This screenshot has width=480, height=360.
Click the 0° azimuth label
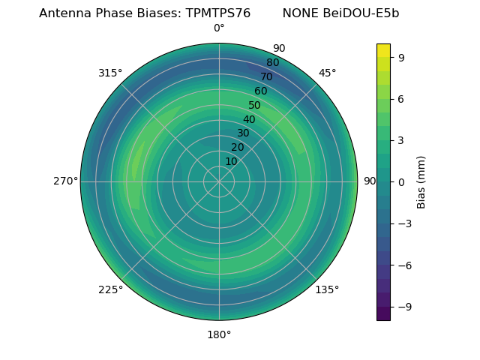[219, 28]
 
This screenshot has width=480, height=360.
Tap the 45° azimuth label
[327, 73]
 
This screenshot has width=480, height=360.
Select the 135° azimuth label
[327, 289]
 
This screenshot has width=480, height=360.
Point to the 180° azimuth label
[219, 334]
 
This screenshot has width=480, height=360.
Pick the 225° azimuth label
[110, 289]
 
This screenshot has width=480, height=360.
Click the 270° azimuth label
[65, 181]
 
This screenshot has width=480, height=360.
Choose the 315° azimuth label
[110, 73]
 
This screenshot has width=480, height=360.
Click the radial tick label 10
[232, 161]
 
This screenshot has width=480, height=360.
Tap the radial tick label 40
[249, 119]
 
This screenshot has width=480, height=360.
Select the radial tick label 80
[272, 63]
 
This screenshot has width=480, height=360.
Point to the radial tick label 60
[261, 91]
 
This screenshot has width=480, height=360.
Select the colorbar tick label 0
[402, 181]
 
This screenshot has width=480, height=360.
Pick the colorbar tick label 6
[402, 98]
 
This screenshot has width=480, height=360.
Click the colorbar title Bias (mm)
[421, 181]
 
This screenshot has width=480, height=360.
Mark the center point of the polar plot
[219, 181]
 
